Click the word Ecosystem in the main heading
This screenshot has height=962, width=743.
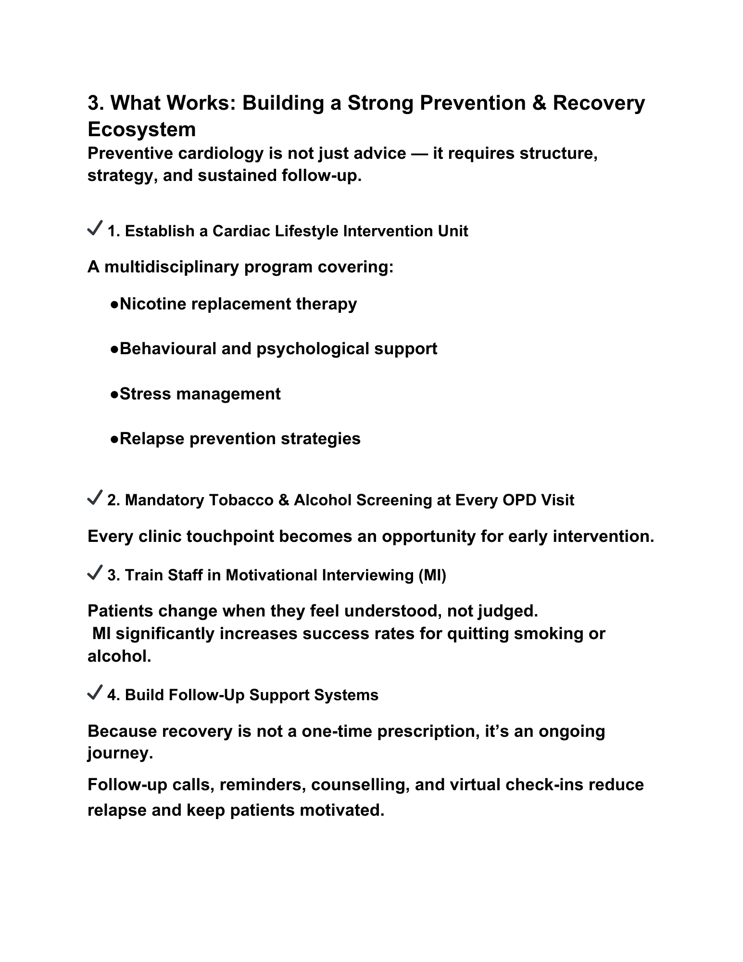pos(141,129)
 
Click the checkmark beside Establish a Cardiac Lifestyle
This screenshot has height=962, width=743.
pos(94,228)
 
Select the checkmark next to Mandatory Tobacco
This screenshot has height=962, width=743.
pos(94,497)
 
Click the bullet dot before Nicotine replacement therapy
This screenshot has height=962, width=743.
pos(114,305)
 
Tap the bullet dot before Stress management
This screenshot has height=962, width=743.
pos(114,395)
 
